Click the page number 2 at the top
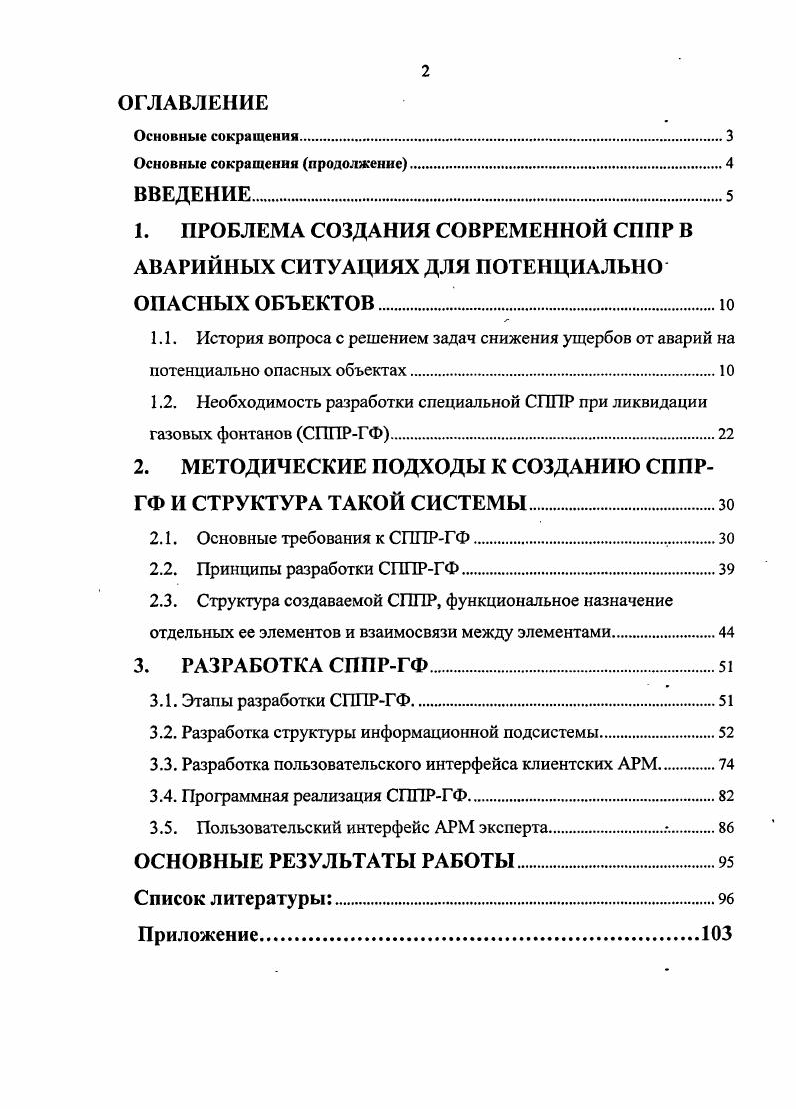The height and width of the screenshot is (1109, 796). coord(425,69)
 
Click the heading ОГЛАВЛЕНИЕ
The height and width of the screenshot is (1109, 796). coord(193,102)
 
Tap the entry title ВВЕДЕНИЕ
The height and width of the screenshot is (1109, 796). coord(192,194)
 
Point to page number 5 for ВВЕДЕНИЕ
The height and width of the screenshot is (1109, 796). coord(729,196)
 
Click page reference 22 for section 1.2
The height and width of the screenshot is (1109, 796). coord(726,434)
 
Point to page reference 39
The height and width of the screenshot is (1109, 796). coord(726,571)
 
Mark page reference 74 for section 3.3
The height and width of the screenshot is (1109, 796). coord(726,765)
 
